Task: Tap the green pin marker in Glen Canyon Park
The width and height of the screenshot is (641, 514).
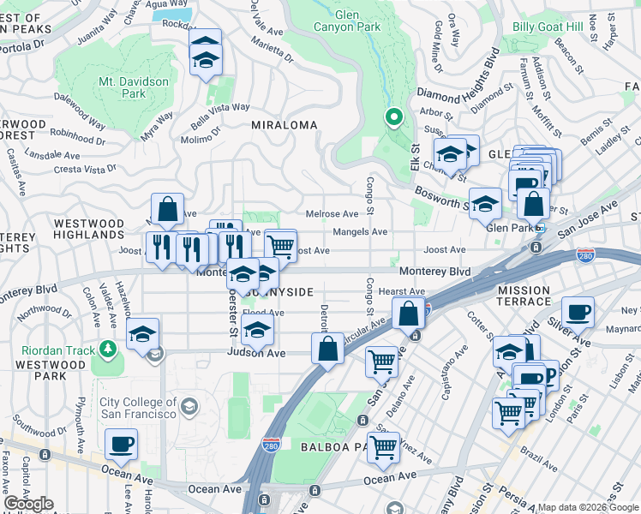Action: point(393,117)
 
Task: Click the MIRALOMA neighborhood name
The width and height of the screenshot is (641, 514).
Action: point(284,125)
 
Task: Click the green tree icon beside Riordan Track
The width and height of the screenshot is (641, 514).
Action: point(108,349)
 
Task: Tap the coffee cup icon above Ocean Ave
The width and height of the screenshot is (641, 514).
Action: point(121,445)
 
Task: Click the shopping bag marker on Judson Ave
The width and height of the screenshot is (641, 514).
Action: point(327,349)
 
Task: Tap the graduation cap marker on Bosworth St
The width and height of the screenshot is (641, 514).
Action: point(485,204)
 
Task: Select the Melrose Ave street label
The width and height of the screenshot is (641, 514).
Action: point(332,214)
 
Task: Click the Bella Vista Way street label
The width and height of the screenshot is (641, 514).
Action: point(219,108)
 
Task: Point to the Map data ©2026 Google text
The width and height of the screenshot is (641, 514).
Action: point(587,507)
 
